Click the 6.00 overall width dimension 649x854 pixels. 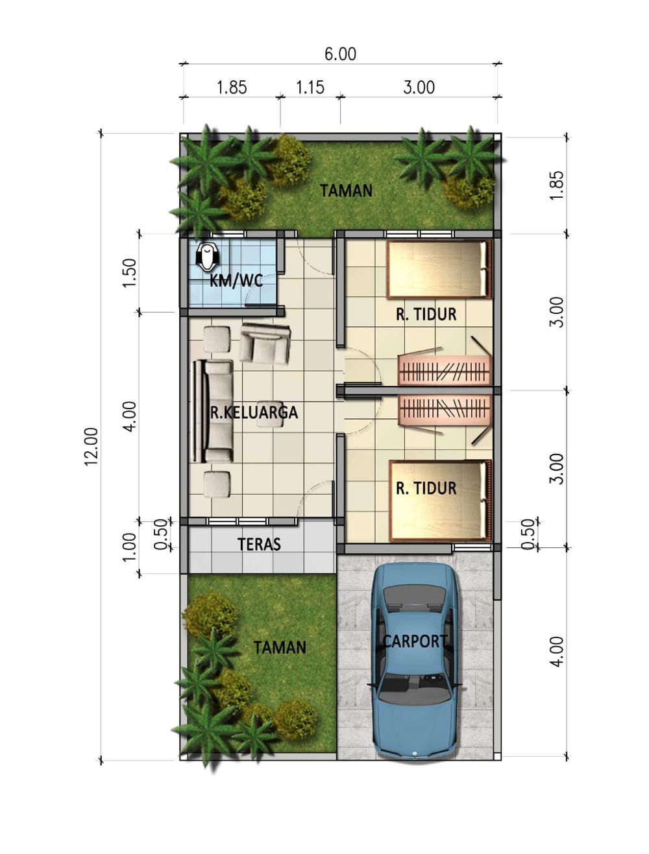point(340,54)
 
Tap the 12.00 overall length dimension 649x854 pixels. point(92,446)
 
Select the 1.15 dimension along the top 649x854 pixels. point(310,88)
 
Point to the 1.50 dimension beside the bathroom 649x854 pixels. point(130,273)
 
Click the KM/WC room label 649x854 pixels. point(236,281)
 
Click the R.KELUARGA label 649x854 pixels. point(254,412)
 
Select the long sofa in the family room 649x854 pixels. point(213,412)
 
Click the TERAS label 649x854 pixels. point(259,544)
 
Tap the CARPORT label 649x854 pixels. point(415,641)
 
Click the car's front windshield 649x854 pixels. point(415,696)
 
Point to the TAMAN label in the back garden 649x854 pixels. point(346,191)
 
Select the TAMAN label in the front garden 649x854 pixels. point(280,647)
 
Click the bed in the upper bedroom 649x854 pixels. point(439,270)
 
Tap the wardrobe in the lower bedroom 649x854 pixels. point(445,410)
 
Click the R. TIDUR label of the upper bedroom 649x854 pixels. point(426,314)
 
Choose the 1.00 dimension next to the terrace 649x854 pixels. point(130,547)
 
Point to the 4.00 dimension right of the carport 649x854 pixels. point(557,652)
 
